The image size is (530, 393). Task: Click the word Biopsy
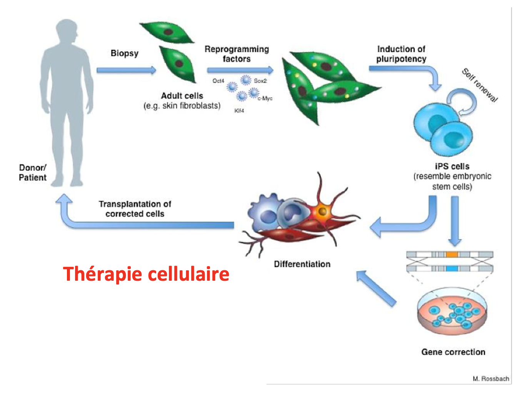click(125, 53)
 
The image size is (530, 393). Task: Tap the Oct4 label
click(218, 81)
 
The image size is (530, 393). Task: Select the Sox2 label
click(260, 81)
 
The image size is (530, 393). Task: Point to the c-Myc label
click(265, 98)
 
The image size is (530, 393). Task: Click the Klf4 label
click(239, 111)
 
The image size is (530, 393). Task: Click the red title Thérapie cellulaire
click(146, 274)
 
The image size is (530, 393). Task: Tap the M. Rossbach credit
click(491, 379)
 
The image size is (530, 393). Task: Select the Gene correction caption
click(453, 352)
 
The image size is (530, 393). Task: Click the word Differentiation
click(302, 264)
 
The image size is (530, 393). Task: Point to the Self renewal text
click(480, 85)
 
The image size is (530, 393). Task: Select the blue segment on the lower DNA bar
click(452, 269)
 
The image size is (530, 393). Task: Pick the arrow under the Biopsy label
click(127, 70)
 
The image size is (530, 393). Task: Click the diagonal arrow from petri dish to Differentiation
click(376, 288)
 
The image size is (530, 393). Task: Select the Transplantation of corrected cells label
click(135, 209)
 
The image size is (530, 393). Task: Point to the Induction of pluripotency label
click(401, 54)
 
